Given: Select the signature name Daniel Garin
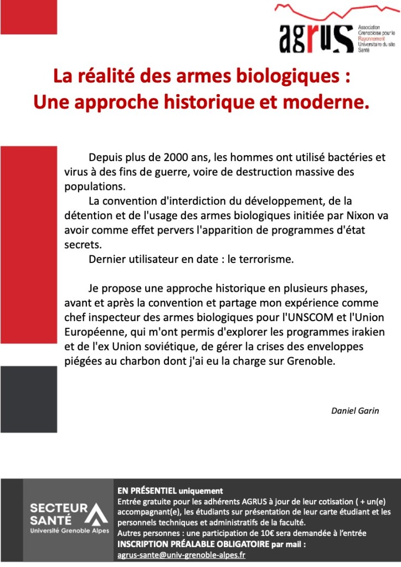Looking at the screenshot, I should click(x=355, y=411).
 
